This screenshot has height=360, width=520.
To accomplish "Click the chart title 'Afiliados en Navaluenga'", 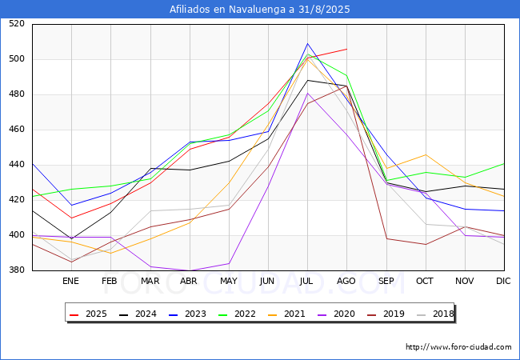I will (260, 10).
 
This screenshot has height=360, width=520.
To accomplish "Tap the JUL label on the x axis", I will (307, 281).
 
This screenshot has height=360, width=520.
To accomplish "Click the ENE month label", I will (71, 281).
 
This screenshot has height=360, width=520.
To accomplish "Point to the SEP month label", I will (386, 281).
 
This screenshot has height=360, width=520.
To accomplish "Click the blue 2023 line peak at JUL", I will (307, 43).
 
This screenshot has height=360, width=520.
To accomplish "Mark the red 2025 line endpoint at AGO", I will (346, 49).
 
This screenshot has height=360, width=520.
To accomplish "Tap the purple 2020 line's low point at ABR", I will (189, 271).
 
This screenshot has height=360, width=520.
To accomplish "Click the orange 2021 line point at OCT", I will (425, 154).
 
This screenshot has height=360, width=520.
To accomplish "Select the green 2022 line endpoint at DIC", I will (504, 163).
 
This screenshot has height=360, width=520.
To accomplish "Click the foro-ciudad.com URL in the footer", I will (458, 347).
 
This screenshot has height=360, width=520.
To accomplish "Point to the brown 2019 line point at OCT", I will (425, 244).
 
